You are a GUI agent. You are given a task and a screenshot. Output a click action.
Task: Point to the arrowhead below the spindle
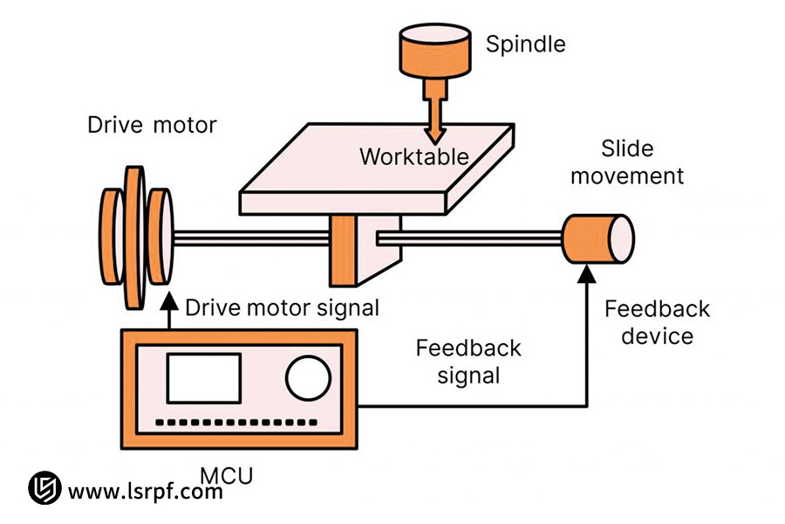point(434,134)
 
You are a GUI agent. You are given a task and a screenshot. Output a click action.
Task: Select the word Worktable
point(414,157)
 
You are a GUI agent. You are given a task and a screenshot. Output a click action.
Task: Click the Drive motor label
point(152,125)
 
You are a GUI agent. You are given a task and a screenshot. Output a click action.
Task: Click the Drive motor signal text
point(282,307)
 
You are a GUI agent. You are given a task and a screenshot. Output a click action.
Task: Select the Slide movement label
point(627,162)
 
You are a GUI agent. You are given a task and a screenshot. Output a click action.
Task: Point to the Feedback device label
point(657,322)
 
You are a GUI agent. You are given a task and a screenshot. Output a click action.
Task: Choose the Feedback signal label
point(468,362)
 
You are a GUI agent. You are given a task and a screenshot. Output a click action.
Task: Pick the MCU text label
point(227,476)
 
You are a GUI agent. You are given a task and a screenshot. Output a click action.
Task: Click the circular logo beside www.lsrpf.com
point(44,489)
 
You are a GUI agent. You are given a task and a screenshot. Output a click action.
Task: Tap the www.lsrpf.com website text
point(145,492)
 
